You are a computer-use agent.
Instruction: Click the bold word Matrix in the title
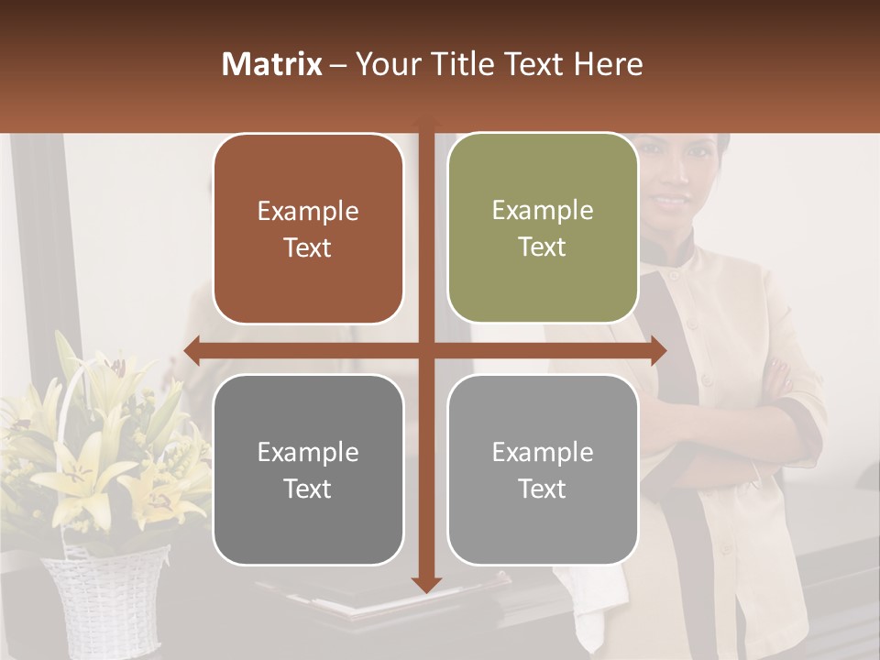[272, 64]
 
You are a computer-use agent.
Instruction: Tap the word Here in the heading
[608, 64]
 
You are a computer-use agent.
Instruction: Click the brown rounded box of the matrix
[308, 229]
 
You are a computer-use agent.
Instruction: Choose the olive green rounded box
[543, 228]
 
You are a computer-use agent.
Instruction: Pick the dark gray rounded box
[308, 470]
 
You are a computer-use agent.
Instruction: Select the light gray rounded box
[543, 470]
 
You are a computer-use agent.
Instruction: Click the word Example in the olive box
[543, 210]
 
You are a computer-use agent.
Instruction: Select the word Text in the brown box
[308, 248]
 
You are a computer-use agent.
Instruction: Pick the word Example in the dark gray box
[308, 452]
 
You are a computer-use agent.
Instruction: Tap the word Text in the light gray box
[543, 489]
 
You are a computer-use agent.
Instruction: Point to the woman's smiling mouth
[672, 199]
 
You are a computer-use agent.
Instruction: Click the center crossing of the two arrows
[426, 350]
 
